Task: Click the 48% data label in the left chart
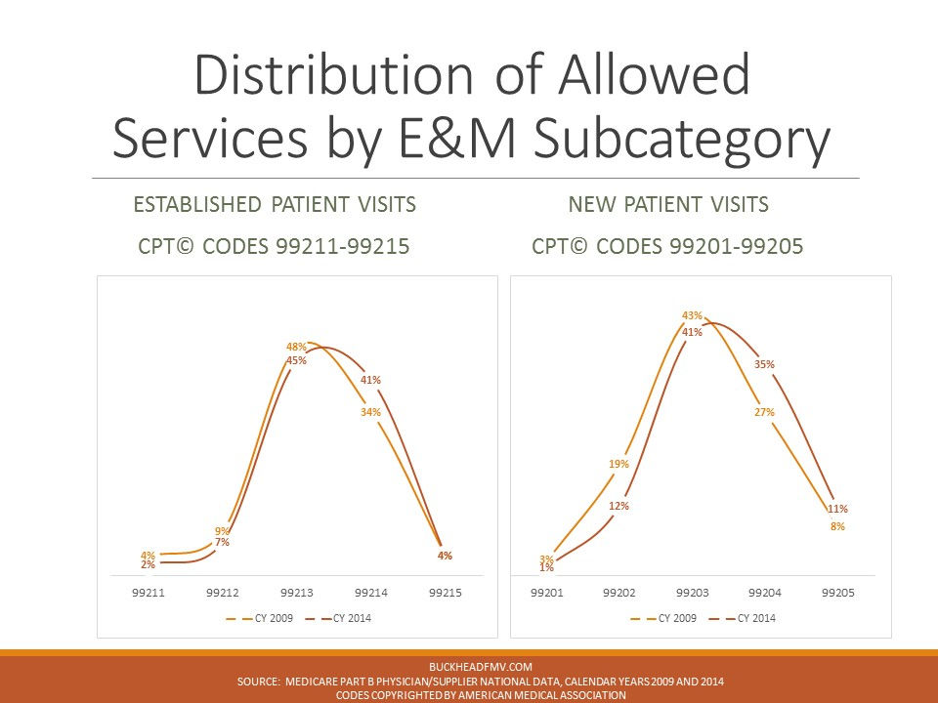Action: point(296,347)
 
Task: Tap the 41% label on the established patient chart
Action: point(370,380)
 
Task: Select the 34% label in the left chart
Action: point(370,412)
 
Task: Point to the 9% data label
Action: point(222,531)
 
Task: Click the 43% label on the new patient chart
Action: point(692,315)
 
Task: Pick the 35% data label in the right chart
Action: point(764,364)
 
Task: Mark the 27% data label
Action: point(764,412)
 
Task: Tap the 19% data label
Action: point(618,464)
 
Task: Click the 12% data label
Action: point(618,506)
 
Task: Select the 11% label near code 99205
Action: point(837,509)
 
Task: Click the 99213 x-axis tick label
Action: point(296,593)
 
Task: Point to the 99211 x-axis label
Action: point(149,593)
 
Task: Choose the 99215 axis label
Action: point(445,593)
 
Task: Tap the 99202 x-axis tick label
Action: point(618,593)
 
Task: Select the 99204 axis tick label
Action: point(764,593)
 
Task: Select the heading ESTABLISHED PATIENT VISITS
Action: point(275,205)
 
